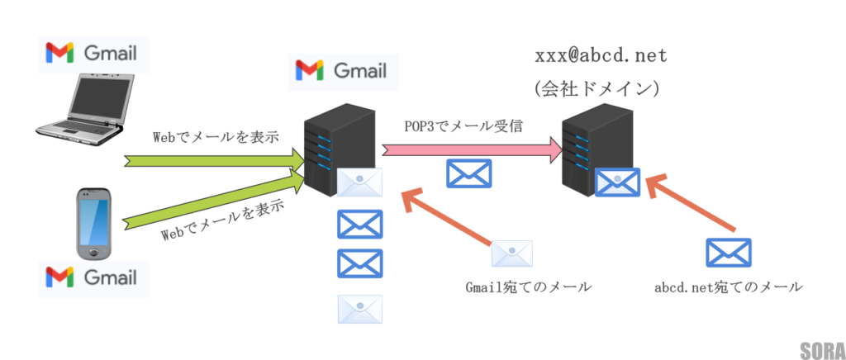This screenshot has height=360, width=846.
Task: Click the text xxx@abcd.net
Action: [x=601, y=56]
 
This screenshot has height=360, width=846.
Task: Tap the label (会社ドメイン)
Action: [x=596, y=88]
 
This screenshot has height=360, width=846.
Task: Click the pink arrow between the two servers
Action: [x=471, y=150]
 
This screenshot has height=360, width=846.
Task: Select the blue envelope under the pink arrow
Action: [x=469, y=173]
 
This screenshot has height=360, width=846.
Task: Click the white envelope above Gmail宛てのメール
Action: [x=512, y=254]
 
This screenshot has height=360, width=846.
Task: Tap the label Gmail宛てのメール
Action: [x=528, y=287]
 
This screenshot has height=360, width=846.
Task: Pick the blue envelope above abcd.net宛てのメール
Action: [x=728, y=253]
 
